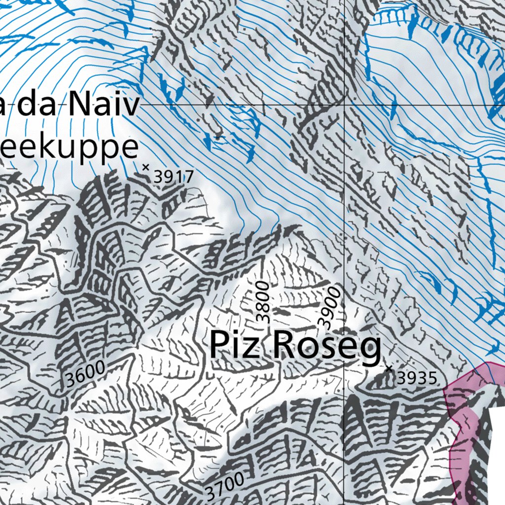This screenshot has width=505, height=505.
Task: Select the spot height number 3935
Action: (417, 378)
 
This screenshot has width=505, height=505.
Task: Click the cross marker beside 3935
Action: (389, 368)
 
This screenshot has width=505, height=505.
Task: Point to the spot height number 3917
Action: (173, 177)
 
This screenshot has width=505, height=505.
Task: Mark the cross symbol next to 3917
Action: (145, 167)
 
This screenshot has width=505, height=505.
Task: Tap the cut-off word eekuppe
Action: (69, 147)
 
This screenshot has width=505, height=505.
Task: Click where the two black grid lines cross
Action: (344, 105)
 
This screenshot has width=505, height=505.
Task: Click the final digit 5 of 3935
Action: (432, 378)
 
